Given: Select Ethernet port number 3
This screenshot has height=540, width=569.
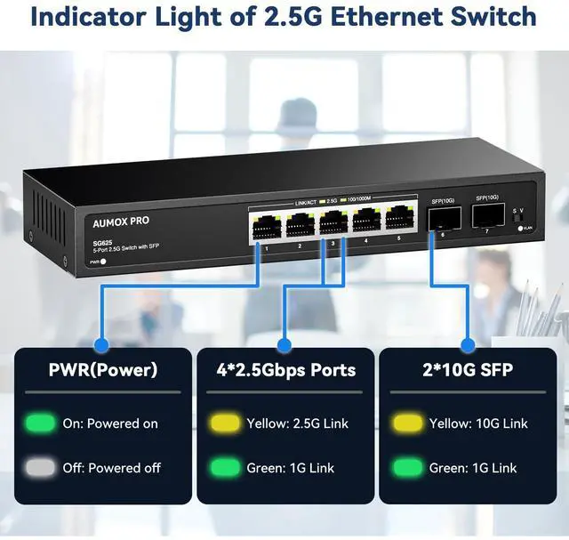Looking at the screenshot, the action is click(333, 223).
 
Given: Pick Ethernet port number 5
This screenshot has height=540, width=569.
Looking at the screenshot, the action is click(398, 220).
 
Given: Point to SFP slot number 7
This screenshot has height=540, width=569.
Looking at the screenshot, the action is click(485, 216).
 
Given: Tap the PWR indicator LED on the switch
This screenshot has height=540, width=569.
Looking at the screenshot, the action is click(104, 262).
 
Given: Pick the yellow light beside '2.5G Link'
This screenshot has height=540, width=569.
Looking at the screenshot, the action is click(224, 423).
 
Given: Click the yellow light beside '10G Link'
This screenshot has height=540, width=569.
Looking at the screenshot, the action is click(408, 423).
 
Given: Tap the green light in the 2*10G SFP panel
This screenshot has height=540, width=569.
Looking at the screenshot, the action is click(408, 467).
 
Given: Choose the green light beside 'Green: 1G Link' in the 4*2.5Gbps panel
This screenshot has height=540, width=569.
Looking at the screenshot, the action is click(224, 467).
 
